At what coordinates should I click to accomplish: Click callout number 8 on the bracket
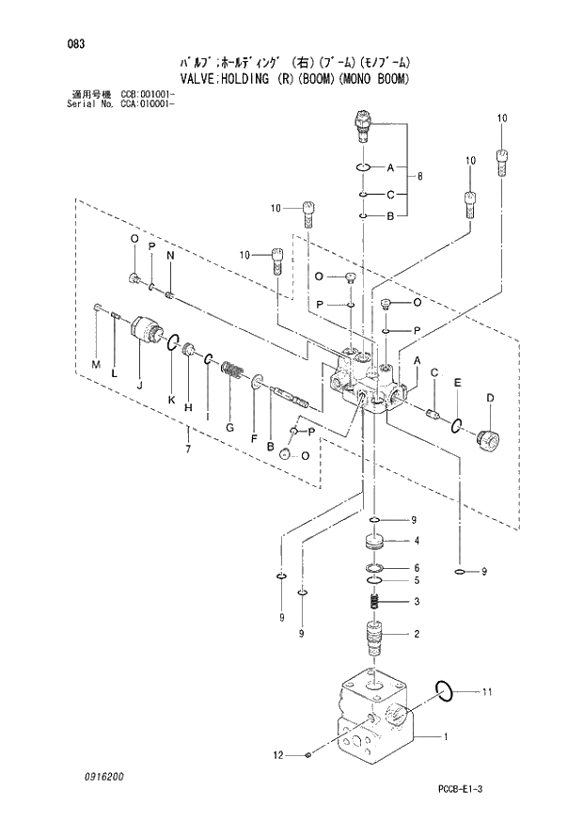pos(419,176)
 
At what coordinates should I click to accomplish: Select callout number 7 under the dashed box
pos(188,449)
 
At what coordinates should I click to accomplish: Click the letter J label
pos(139,385)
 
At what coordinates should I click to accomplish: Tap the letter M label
pos(95,363)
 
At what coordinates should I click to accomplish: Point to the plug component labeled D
pos(488,438)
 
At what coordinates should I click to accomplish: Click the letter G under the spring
pos(229,426)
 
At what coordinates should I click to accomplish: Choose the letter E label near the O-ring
pos(457,383)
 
